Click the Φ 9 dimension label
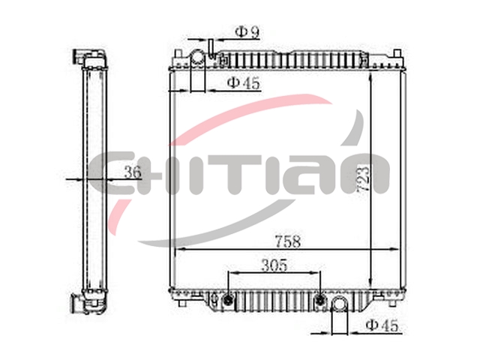[247, 32]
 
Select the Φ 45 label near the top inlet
[244, 82]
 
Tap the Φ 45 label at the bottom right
[382, 325]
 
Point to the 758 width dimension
[288, 241]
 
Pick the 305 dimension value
[274, 265]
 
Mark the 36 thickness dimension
[133, 172]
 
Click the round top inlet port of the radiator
[197, 58]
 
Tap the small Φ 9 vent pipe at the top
[211, 49]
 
